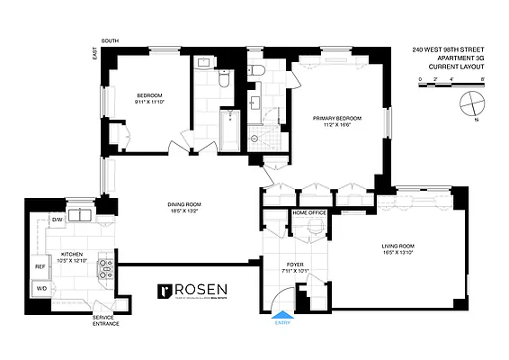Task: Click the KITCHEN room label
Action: click(x=72, y=254)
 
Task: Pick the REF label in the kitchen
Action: click(x=40, y=266)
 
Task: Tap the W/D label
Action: click(x=40, y=289)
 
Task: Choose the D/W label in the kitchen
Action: click(x=56, y=220)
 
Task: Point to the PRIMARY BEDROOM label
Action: click(x=337, y=119)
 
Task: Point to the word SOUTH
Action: click(x=111, y=40)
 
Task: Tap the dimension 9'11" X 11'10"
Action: click(x=150, y=102)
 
